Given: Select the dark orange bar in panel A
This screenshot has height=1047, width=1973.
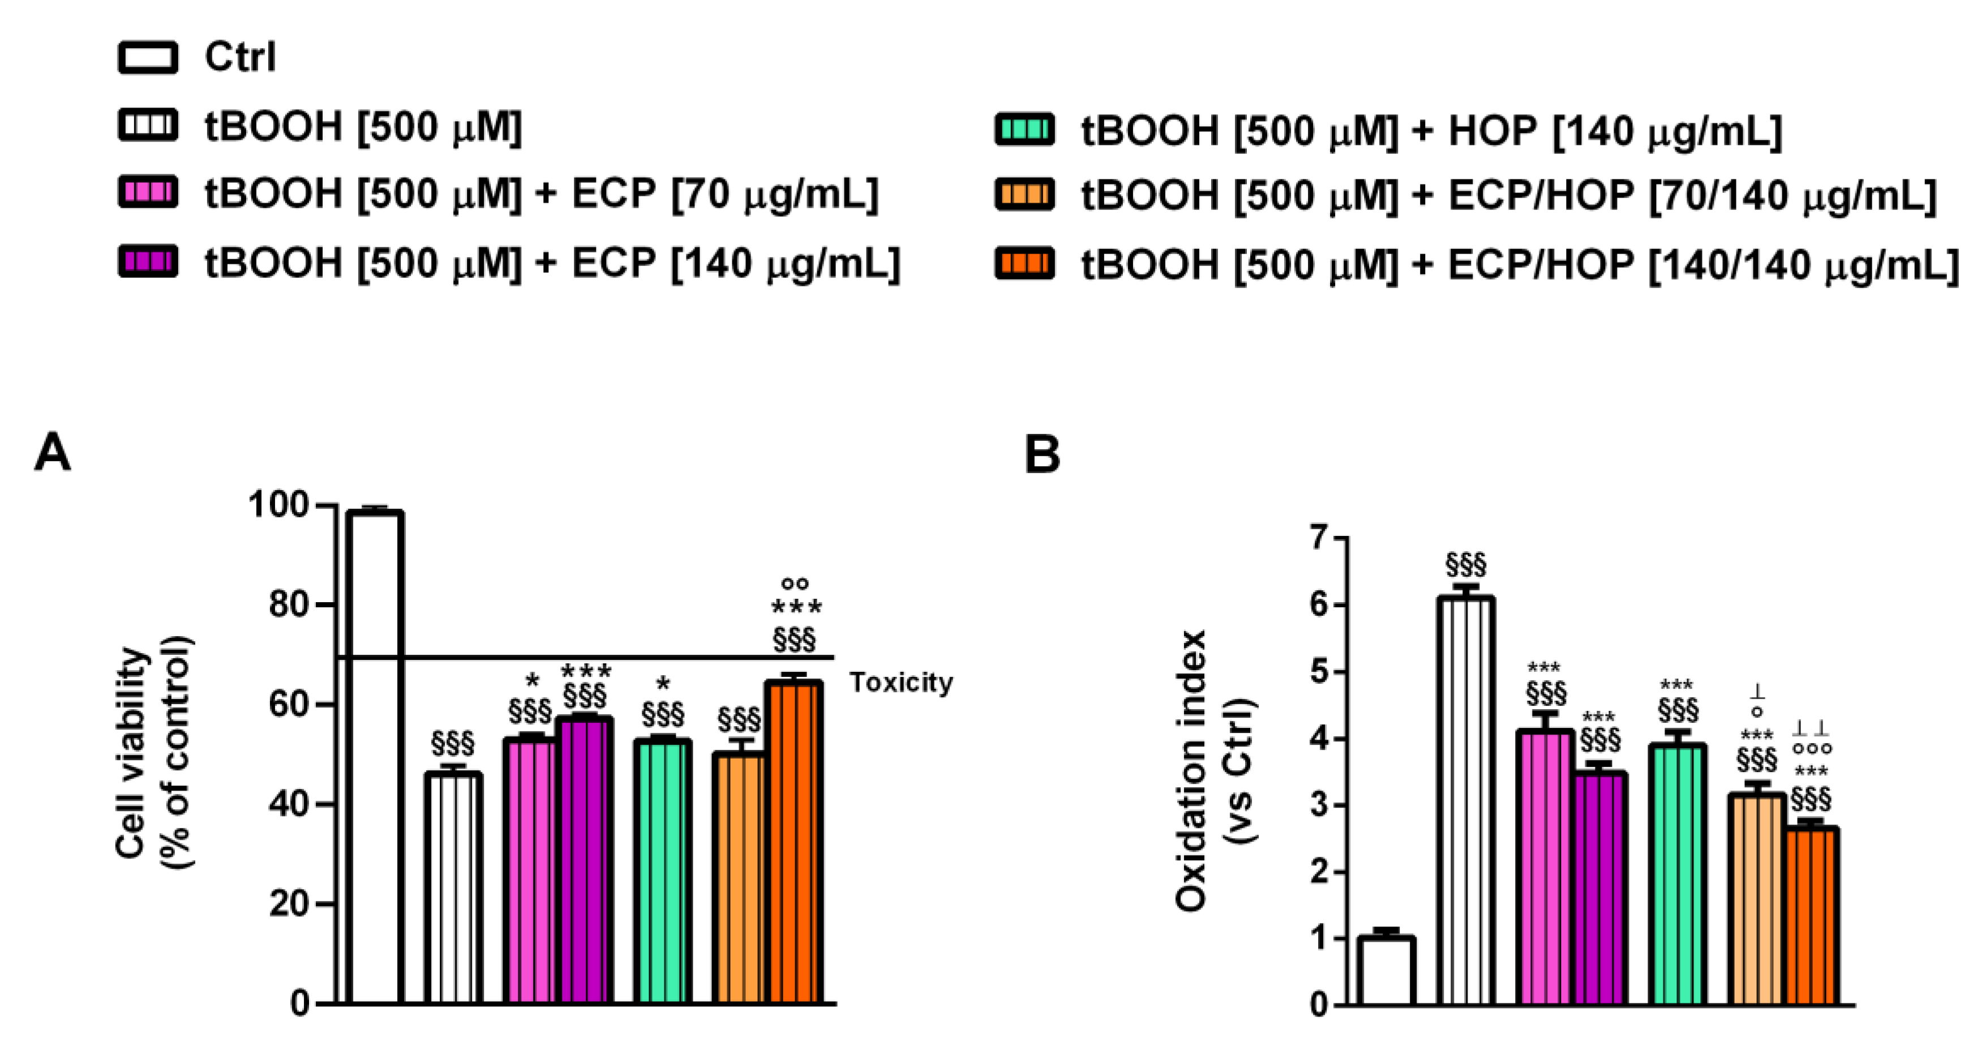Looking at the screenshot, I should coord(795,843).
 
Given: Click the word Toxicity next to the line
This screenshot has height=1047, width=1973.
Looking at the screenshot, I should coord(900,681).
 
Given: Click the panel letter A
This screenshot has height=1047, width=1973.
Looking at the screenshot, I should coord(52,453).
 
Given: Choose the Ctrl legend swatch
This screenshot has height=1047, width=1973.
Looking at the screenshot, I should coord(148,57).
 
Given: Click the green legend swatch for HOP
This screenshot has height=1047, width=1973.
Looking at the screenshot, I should coord(1024,130).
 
